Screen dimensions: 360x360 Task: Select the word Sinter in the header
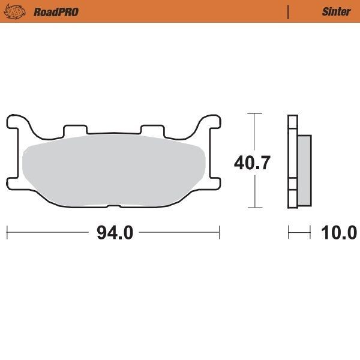pos(337,11)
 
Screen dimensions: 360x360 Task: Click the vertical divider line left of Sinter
pos(289,11)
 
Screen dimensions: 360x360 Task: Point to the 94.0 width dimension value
pos(114,232)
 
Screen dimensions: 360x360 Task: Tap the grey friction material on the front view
pos(114,171)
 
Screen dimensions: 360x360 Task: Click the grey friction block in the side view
pos(304,170)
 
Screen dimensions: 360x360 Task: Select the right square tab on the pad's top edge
pos(151,129)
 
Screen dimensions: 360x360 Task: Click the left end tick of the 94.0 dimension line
pos(7,232)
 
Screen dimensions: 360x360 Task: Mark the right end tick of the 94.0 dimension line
pos(220,232)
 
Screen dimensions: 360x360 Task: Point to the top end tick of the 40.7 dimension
pos(255,113)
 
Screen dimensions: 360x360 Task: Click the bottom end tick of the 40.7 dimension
pos(255,208)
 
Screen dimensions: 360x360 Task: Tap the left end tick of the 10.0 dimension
pos(289,232)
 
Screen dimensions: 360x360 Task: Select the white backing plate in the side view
pos(292,162)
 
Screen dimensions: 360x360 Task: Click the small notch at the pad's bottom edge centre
pos(113,208)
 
